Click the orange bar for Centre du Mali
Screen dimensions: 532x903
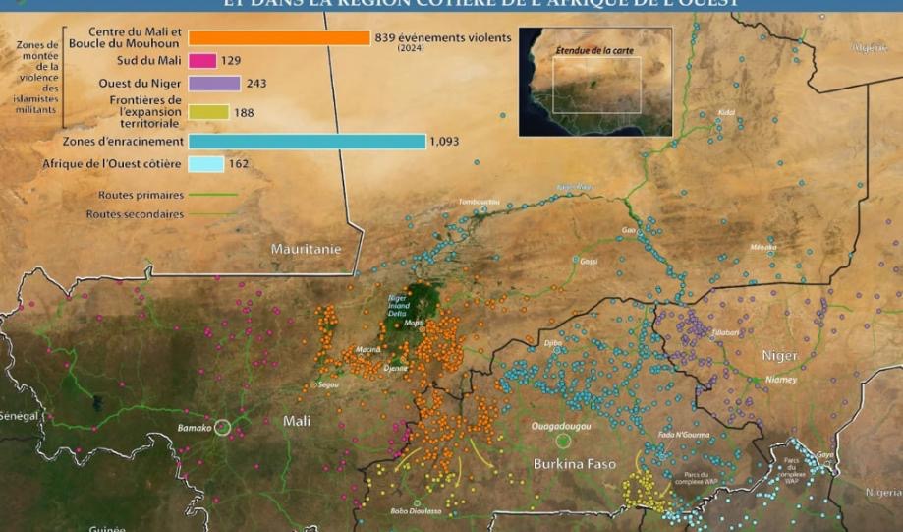[x=279, y=38]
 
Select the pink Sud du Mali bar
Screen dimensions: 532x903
[x=202, y=61]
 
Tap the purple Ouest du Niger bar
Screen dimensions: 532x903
[x=214, y=84]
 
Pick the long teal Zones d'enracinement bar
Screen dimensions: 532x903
[x=307, y=142]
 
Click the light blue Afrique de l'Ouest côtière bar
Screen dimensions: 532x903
[x=205, y=164]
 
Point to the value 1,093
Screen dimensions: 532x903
[x=446, y=142]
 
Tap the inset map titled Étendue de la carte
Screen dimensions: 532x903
[x=595, y=82]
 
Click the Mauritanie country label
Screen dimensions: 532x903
[x=306, y=249]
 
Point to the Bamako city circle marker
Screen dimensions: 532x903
[x=223, y=427]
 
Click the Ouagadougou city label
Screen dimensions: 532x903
[x=560, y=427]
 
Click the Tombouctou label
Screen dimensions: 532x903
[x=479, y=202]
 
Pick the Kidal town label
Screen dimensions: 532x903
[x=726, y=113]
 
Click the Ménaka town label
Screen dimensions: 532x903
[x=762, y=247]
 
